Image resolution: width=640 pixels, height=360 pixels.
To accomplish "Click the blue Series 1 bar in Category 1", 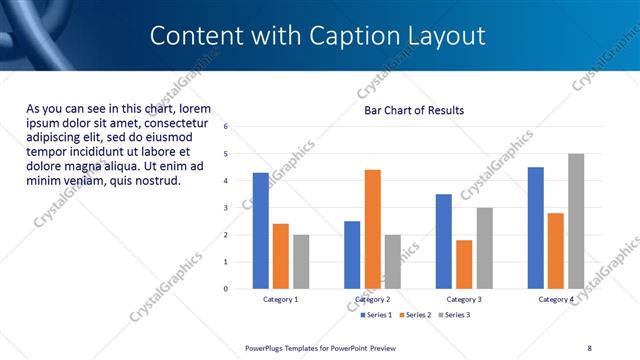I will coord(260,231).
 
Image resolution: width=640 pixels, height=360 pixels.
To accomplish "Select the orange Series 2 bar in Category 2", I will coord(372,229).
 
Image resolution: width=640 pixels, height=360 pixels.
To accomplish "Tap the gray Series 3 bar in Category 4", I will coord(576,221).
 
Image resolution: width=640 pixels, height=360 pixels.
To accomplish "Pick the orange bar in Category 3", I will coord(464,264).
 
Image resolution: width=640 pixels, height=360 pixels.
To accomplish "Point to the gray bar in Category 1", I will coord(301,262).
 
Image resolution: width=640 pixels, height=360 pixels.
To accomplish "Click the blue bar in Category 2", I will coord(352,255).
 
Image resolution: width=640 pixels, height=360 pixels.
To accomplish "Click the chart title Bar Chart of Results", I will coord(413,110).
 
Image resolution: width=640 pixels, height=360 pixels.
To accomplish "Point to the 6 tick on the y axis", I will coord(226,127).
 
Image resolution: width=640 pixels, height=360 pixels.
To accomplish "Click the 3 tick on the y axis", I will coord(226,208).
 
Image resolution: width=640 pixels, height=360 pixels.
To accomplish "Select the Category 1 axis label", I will coord(280,299).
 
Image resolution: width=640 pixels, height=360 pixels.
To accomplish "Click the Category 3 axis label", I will coord(464,299).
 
